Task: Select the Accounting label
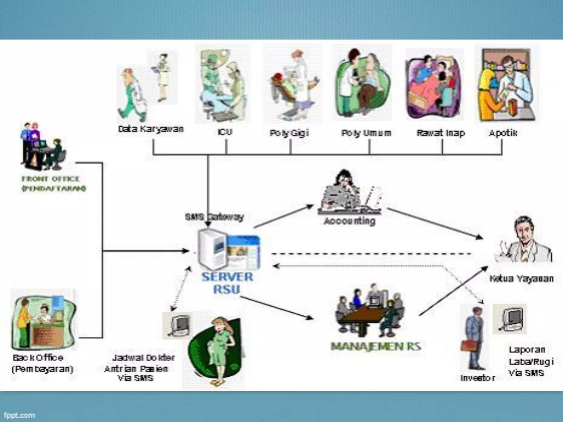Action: (x=349, y=221)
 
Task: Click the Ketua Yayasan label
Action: (x=521, y=279)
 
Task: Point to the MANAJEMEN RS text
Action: (x=376, y=346)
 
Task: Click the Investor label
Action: (x=478, y=378)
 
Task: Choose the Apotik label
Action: (x=503, y=133)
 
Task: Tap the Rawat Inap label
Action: (x=441, y=133)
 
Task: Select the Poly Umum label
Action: (x=366, y=133)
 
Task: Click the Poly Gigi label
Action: (x=289, y=133)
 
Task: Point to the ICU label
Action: (x=225, y=132)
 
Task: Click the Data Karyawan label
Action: (x=151, y=129)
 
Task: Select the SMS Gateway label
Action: (x=214, y=217)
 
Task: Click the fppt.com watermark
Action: (x=19, y=415)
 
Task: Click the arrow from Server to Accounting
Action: (x=283, y=216)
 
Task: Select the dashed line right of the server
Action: (x=371, y=254)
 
